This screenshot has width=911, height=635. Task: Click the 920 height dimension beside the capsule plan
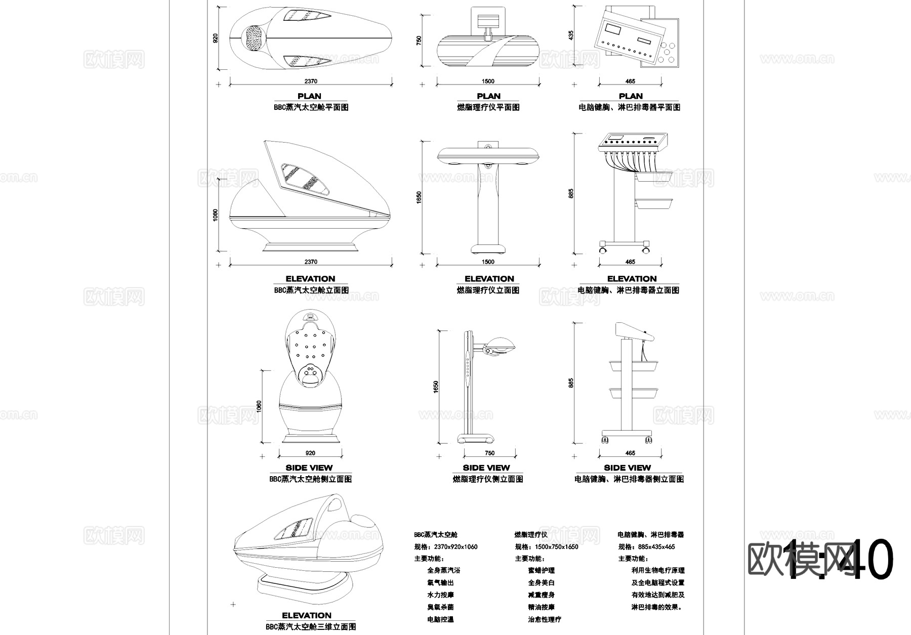click(x=216, y=38)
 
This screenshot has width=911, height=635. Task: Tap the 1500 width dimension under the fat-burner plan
click(x=488, y=81)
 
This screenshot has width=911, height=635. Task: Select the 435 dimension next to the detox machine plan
click(x=571, y=35)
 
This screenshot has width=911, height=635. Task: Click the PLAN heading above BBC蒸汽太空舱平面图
click(x=309, y=96)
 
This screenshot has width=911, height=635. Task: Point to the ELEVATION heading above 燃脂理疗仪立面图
click(x=489, y=279)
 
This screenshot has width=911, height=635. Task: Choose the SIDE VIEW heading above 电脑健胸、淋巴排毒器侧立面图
click(x=627, y=468)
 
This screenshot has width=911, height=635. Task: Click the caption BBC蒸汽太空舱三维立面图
click(x=311, y=626)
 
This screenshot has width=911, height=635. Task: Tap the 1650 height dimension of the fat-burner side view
click(x=436, y=387)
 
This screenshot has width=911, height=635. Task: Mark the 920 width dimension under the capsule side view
click(x=311, y=453)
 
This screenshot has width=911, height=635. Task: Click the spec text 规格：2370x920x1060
click(x=446, y=546)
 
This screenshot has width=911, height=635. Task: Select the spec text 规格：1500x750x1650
click(x=547, y=546)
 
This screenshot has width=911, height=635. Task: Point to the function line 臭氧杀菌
click(x=440, y=607)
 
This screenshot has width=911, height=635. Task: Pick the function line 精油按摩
click(x=541, y=607)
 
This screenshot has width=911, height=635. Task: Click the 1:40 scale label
click(x=840, y=559)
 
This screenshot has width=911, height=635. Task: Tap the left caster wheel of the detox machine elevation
click(x=602, y=250)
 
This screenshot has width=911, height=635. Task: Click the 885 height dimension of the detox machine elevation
click(x=571, y=193)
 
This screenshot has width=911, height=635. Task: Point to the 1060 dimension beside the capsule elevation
click(x=216, y=215)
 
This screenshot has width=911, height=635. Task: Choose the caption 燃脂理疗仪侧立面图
click(x=487, y=479)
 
